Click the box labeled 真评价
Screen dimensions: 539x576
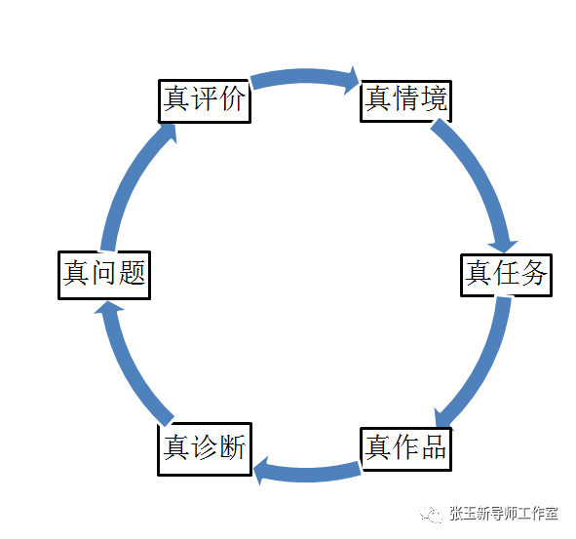pos(205,100)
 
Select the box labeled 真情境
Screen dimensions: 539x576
pos(406,99)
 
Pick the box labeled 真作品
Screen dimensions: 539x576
pos(405,448)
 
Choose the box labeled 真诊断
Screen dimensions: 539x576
pos(204,448)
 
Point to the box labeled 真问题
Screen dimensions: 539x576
pos(104,273)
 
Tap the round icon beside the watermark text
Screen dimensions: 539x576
pos(431,514)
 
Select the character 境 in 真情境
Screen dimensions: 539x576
pos(434,99)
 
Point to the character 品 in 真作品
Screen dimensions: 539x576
pos(433,448)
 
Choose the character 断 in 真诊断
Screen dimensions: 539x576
pos(232,448)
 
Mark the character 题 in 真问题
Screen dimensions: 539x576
pos(132,273)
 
